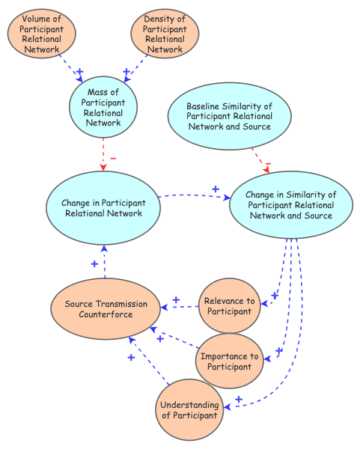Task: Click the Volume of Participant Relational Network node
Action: pyautogui.click(x=42, y=34)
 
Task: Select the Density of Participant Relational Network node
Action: pyautogui.click(x=165, y=34)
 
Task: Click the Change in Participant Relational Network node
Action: pyautogui.click(x=103, y=207)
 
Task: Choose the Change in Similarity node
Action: pyautogui.click(x=290, y=205)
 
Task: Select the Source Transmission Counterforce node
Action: pyautogui.click(x=105, y=308)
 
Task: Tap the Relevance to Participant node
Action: pyautogui.click(x=230, y=306)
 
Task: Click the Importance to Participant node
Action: pyautogui.click(x=231, y=361)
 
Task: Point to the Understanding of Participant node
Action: pyautogui.click(x=190, y=410)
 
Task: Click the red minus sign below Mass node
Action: pyautogui.click(x=113, y=158)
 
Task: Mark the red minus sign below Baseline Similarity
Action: pyautogui.click(x=267, y=166)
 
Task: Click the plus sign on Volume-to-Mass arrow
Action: pyautogui.click(x=79, y=72)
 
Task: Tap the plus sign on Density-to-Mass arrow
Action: pyautogui.click(x=126, y=72)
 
